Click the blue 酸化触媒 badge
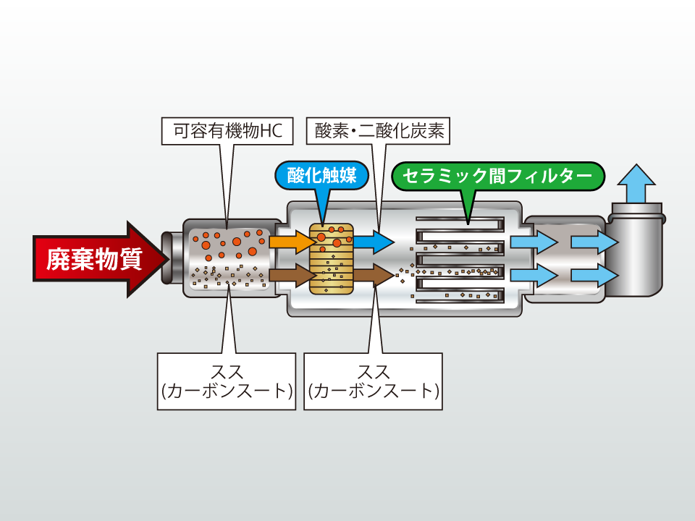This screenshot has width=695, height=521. (x=322, y=176)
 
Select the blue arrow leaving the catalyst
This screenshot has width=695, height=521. (x=374, y=240)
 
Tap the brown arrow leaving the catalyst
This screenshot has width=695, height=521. (x=374, y=275)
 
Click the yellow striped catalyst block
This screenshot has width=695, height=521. (x=332, y=258)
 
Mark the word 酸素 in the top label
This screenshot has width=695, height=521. (x=329, y=132)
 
